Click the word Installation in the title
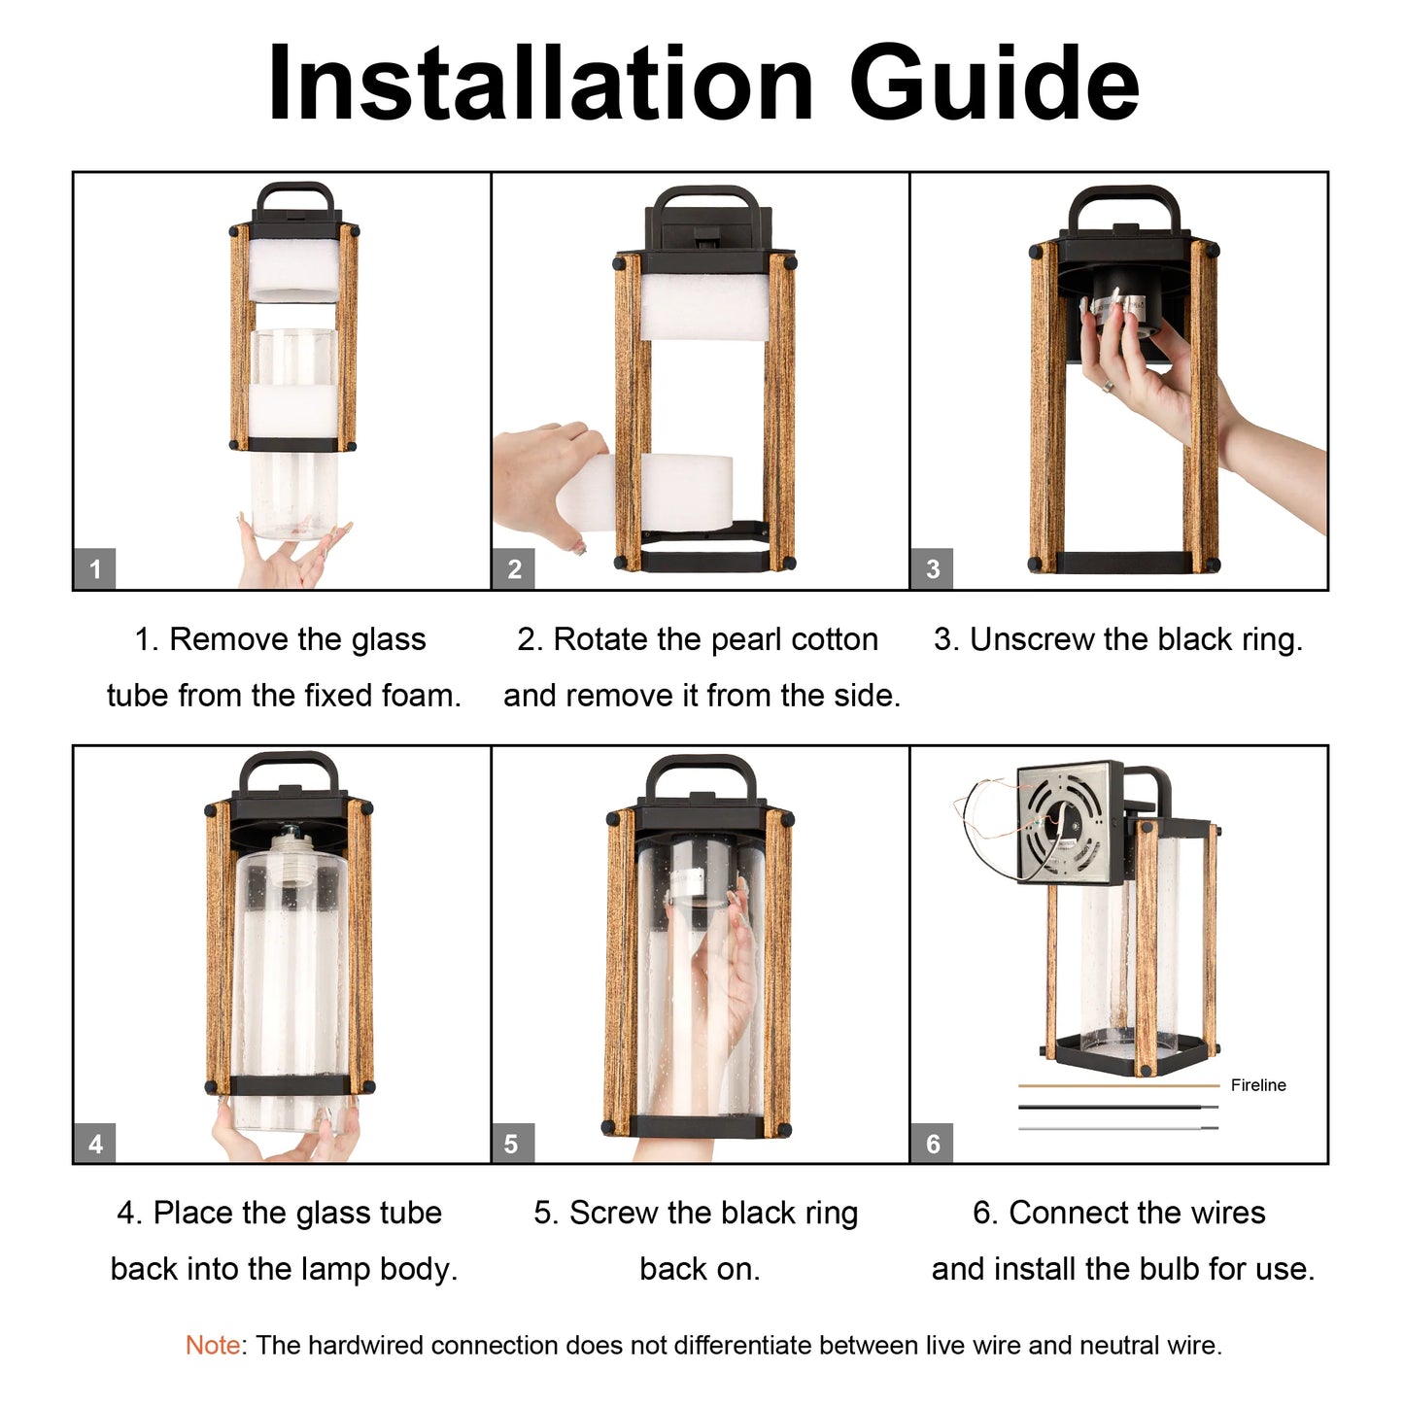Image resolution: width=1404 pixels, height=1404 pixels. coord(540,86)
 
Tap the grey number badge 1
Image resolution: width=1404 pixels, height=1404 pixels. coord(95,569)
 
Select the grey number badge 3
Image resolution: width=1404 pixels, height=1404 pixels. coord(933,569)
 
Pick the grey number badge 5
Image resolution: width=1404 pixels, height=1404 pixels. coord(512,1144)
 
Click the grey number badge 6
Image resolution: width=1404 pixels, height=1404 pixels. coord(933,1144)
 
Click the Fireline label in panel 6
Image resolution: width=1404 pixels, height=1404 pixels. coord(1257,1085)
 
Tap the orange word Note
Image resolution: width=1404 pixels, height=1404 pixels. coord(213,1346)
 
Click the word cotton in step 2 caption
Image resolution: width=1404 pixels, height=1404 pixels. coord(834,639)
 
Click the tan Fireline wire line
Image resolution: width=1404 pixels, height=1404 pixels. coord(1117,1085)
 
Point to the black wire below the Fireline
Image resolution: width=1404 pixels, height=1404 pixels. coord(1117,1107)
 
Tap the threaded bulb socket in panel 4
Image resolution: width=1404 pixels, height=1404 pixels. coord(290,846)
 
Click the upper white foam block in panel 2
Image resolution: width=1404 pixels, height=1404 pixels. coord(703,306)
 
